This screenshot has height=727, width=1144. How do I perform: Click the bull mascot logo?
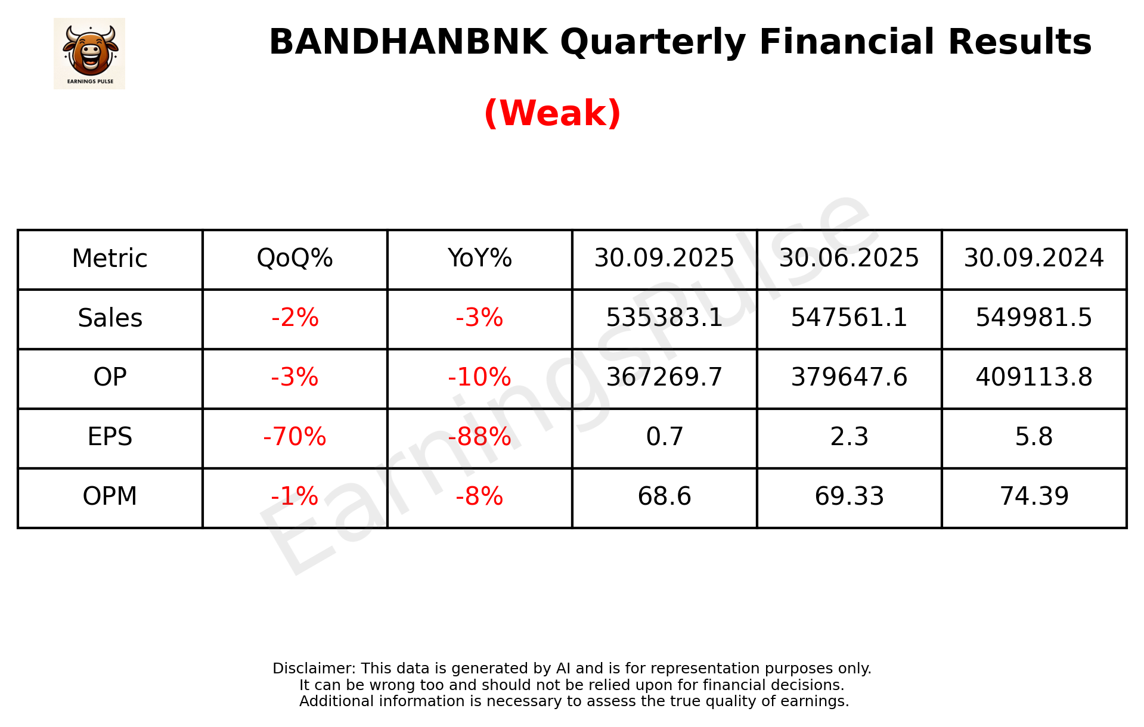(89, 53)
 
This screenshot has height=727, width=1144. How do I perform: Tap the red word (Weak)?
(552, 113)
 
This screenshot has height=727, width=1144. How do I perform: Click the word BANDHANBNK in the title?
(408, 42)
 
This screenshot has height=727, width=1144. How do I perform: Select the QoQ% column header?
(294, 258)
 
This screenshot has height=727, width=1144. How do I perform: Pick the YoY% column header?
(479, 258)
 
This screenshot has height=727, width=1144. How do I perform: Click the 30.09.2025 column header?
(664, 258)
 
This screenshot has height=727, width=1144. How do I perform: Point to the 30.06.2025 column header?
(849, 258)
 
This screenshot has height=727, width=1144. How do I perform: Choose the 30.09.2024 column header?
(1034, 258)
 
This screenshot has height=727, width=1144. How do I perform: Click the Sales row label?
(110, 318)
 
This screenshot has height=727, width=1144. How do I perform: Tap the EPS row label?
(110, 437)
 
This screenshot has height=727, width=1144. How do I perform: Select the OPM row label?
(110, 496)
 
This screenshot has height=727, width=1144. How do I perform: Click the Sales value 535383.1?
(664, 318)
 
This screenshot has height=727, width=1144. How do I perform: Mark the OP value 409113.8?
(1034, 377)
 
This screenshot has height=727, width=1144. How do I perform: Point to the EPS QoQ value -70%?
(294, 437)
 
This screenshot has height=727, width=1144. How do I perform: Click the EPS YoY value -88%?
(479, 437)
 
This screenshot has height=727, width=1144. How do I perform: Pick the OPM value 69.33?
(849, 496)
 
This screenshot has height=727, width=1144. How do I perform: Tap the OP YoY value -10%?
(479, 377)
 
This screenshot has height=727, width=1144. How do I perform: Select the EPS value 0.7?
(664, 437)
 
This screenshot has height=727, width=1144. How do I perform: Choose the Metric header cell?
(110, 259)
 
